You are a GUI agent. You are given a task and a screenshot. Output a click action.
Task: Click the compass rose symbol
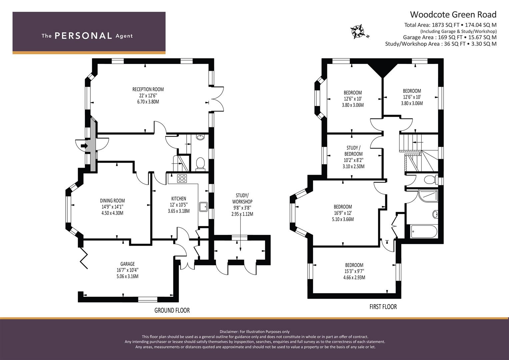pos(357,32)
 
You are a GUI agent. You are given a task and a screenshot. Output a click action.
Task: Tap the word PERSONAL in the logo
pos(83,36)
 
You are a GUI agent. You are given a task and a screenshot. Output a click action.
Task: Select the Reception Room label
pos(148,89)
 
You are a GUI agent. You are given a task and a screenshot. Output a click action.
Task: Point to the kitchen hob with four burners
pos(182,178)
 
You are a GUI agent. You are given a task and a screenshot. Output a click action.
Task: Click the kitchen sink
pos(203,207)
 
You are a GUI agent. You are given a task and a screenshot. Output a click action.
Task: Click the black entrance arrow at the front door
pos(84,146)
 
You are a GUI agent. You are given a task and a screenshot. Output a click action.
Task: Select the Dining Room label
pos(112,201)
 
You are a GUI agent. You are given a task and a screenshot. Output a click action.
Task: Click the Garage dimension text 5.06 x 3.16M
pos(127,276)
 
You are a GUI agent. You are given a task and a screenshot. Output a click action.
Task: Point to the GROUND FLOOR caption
pos(172,310)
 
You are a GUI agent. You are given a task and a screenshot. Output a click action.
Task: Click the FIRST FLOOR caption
pos(383,307)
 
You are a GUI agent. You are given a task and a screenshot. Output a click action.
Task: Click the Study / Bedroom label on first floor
pos(353,151)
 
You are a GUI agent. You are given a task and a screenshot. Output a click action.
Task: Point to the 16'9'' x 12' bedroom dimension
pos(343,213)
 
